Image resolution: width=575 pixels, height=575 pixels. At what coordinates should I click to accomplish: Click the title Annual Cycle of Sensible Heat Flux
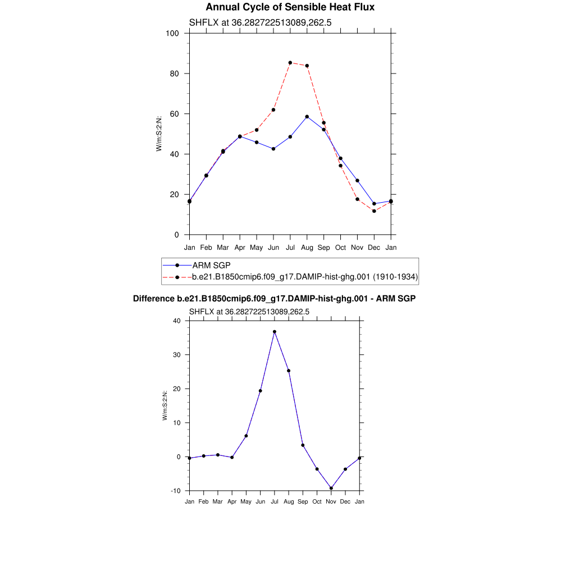click(290, 7)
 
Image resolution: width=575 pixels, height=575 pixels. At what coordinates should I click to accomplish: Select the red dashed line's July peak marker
click(290, 63)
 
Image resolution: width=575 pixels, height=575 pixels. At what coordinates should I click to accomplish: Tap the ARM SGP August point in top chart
click(307, 117)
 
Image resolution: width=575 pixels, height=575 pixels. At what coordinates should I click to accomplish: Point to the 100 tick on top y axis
click(172, 33)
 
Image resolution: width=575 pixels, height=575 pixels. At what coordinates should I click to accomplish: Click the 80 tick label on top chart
click(174, 74)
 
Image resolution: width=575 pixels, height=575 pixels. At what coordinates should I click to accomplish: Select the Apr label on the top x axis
click(240, 247)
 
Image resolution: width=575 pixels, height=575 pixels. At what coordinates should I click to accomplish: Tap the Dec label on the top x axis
click(374, 247)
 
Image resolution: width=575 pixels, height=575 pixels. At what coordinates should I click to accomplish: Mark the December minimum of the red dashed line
click(374, 211)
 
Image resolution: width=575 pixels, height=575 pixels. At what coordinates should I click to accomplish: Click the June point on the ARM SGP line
click(273, 149)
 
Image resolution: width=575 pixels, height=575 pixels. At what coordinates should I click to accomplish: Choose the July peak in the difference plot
click(275, 332)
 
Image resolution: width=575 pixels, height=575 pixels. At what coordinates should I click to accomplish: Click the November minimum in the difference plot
click(331, 488)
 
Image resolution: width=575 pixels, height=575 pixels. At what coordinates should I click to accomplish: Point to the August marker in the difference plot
click(289, 371)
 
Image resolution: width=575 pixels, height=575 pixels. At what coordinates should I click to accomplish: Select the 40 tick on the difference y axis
click(177, 321)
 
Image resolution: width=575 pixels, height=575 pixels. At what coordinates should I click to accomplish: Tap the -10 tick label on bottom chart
click(176, 491)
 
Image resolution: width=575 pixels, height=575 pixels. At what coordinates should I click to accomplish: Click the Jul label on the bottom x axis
click(275, 501)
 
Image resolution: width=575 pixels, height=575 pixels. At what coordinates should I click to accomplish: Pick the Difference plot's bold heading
click(274, 299)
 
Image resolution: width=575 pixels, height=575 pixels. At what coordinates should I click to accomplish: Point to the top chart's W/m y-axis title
click(159, 133)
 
